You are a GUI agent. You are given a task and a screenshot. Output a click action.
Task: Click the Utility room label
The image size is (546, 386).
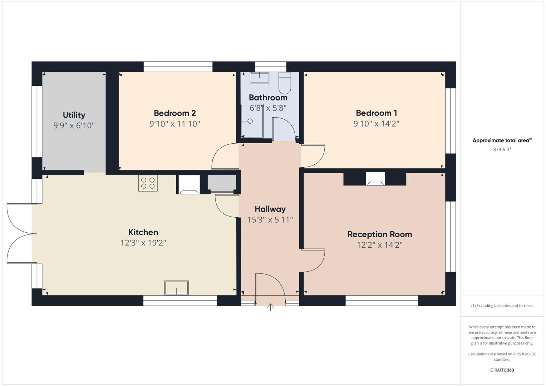coord(74,115)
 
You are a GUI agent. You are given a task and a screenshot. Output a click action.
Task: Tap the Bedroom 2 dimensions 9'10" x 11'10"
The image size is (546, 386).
coord(174,124)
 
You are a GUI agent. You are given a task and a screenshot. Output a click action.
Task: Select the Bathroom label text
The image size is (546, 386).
coord(268,98)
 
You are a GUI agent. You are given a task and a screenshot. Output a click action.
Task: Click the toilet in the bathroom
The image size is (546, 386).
coord(285,83)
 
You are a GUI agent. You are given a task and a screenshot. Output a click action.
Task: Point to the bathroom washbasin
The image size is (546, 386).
coord(259,78)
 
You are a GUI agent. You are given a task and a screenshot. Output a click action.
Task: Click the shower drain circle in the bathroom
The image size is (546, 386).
coord(250,121)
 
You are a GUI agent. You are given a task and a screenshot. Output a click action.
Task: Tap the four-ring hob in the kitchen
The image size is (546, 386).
coord(148,183)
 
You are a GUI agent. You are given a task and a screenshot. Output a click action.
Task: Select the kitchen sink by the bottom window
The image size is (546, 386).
coord(176,288)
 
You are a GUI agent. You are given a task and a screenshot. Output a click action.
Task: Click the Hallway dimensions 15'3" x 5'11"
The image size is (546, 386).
coord(270,220)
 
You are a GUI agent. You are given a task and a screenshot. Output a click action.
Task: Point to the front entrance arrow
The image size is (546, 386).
coord(270,307)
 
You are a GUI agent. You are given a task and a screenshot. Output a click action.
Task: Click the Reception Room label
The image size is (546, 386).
coord(379,234)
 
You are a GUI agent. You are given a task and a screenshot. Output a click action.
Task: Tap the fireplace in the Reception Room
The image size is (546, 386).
coord(375,179)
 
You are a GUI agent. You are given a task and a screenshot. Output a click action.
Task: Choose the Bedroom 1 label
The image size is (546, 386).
coord(376,113)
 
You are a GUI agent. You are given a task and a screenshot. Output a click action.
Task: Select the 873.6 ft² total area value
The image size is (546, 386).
coord(502,150)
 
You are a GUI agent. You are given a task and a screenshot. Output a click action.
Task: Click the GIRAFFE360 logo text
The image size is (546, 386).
coord(502,370)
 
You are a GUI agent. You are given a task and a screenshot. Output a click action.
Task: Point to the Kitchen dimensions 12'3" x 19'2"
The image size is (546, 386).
coord(143,243)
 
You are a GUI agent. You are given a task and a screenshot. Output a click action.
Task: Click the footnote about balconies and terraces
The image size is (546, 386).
coord(502,306)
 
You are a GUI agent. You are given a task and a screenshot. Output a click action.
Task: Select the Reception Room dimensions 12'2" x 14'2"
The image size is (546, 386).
coord(379,245)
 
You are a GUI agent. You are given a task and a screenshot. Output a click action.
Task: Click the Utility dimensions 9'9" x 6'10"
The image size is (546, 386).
coord(74,126)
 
